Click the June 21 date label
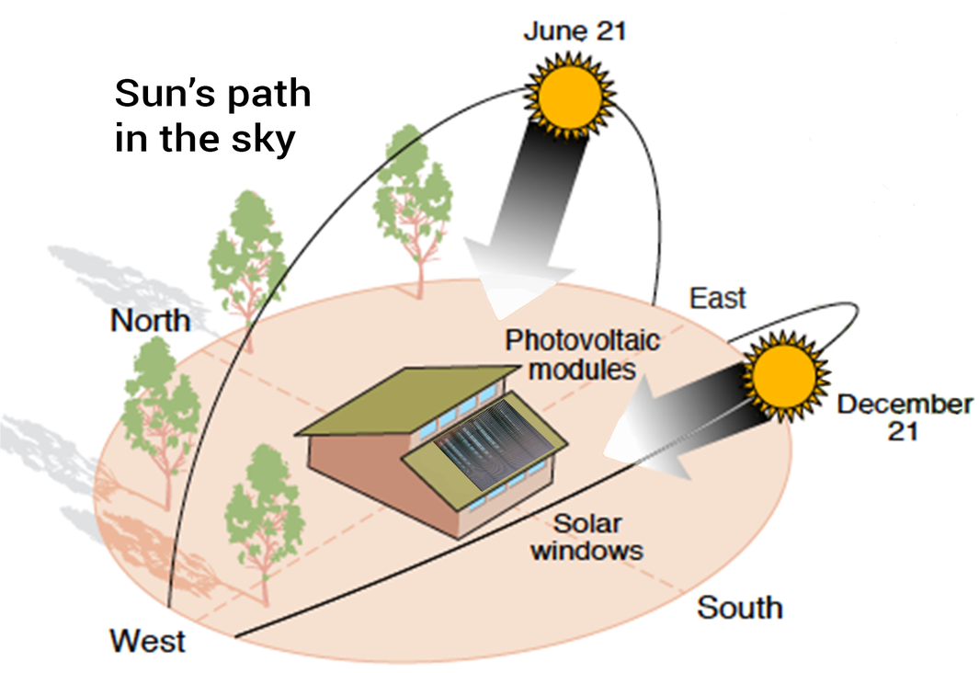coord(575,31)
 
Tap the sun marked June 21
coord(569,97)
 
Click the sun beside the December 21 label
coord(783,376)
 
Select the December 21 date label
coord(905,417)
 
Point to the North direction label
coord(151,320)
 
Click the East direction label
coord(717,299)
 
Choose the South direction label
coord(740,608)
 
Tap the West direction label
coord(147,641)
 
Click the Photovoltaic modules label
coord(583,355)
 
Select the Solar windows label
coord(586,537)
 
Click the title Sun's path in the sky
coord(212,116)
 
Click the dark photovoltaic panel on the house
coord(494,444)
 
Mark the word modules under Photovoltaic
coord(583,369)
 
